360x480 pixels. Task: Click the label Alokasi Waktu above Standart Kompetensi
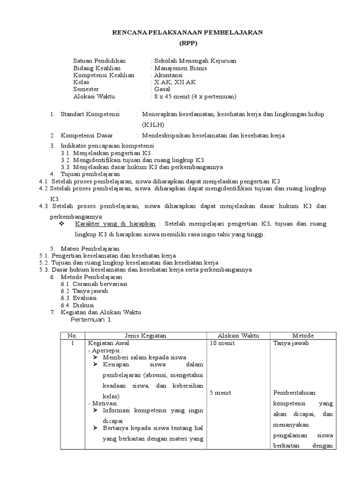(x=94, y=97)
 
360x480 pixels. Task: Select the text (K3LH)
(x=153, y=125)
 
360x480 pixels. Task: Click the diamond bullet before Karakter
(x=61, y=224)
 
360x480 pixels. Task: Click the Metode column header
(x=303, y=336)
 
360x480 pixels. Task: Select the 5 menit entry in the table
(x=220, y=392)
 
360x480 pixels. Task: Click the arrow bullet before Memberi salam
(x=95, y=357)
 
